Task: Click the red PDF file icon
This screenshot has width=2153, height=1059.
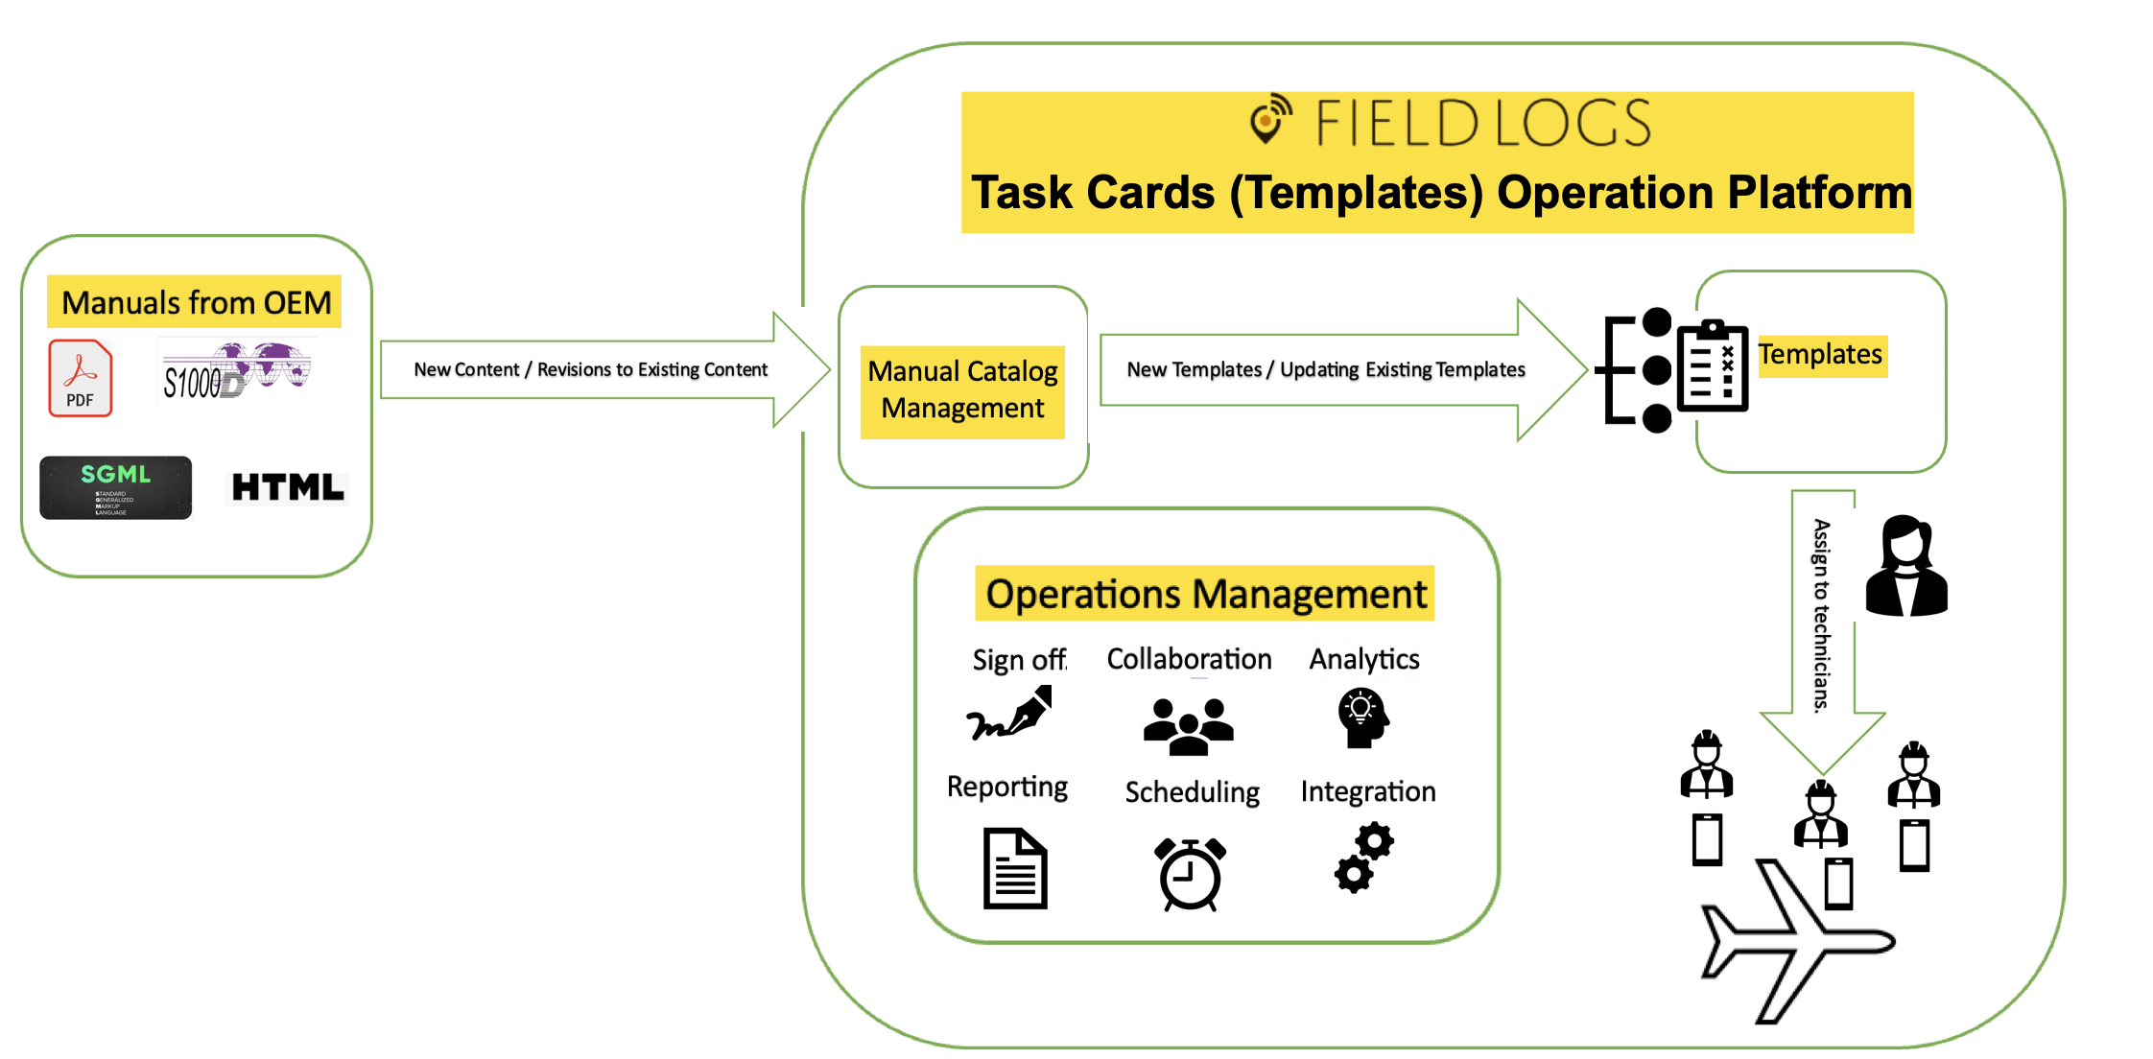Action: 81,378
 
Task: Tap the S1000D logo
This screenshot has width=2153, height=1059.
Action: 236,371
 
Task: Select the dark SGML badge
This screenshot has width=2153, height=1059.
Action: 115,487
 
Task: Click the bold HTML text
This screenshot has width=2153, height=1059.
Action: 288,487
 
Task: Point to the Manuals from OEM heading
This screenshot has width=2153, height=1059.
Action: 196,303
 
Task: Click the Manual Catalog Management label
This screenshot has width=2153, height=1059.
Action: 962,389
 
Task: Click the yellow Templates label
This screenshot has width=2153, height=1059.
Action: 1820,355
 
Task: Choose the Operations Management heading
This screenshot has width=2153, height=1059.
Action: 1205,594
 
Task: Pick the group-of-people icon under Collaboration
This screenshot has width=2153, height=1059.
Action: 1188,726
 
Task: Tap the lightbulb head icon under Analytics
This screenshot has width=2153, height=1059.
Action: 1362,718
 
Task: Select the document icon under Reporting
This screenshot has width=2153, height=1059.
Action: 1015,868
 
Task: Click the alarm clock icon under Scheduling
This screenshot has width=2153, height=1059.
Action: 1191,874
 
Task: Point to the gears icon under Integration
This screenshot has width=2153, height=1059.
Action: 1363,858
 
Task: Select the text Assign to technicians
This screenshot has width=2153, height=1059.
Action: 1821,615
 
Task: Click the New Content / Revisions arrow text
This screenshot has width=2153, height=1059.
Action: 590,369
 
